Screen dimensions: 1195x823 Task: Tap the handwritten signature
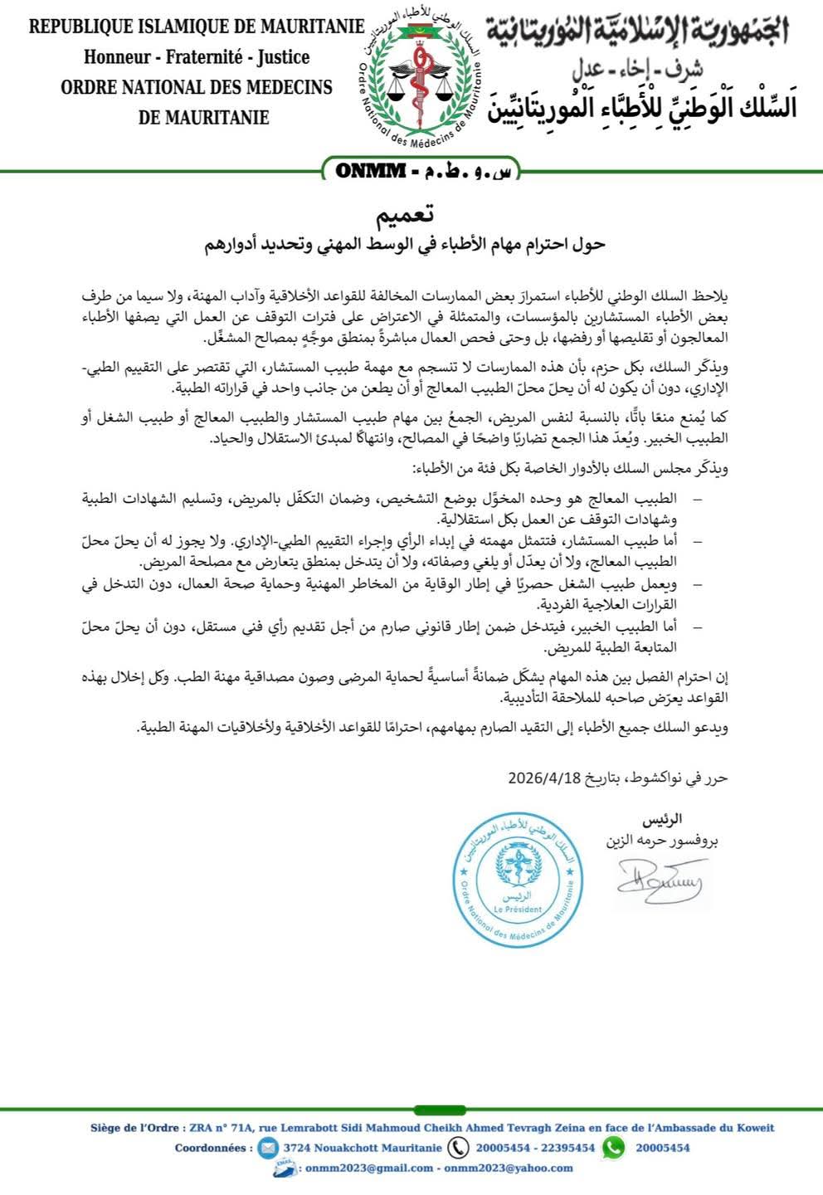coord(659,885)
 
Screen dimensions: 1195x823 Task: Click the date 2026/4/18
coord(548,778)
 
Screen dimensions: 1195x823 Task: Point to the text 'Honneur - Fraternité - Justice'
coord(197,57)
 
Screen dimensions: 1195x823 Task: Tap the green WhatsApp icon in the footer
coord(613,1148)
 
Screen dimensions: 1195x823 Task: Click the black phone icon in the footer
coord(458,1148)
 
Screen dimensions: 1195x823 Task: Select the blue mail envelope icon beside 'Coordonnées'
coord(267,1148)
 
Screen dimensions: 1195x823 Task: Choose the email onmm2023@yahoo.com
coord(509,1168)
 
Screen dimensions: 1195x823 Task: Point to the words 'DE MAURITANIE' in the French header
coord(204,117)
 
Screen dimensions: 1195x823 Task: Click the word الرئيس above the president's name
coord(663,819)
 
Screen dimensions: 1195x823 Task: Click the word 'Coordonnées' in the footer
coord(213,1148)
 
